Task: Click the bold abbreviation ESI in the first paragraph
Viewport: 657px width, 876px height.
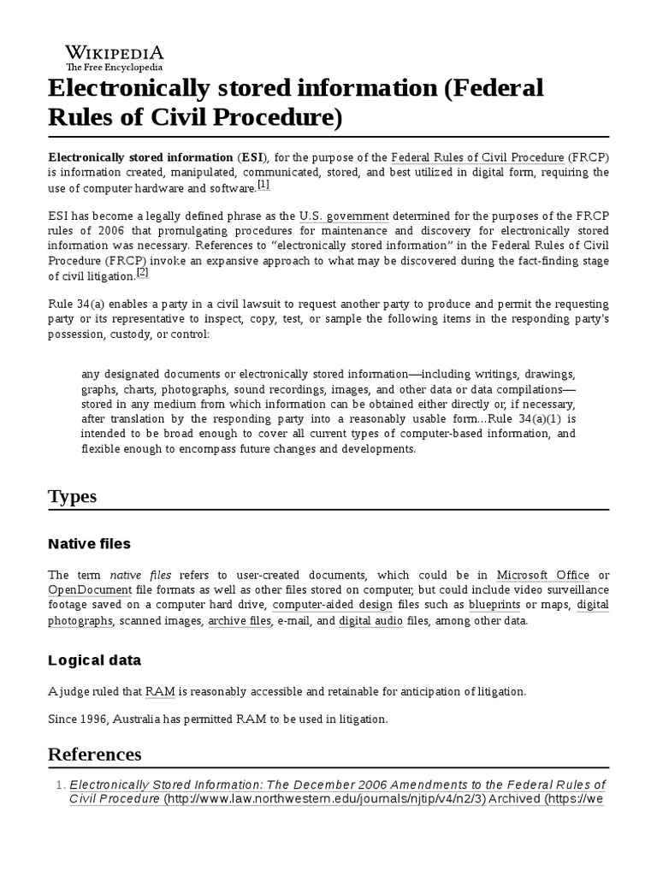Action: [252, 157]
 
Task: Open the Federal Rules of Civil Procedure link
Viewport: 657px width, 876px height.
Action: [477, 157]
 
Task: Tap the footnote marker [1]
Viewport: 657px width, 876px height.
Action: [263, 184]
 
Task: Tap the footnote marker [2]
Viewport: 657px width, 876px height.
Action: [143, 272]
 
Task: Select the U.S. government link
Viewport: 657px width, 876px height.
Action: [344, 216]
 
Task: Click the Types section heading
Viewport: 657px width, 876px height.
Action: [73, 497]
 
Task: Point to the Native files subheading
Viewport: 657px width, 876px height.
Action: [90, 543]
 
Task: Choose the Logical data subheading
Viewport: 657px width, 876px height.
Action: [95, 660]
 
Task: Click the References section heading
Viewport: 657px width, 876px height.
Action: [95, 754]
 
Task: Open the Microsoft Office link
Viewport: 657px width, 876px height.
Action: [542, 575]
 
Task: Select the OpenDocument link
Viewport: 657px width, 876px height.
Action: [90, 590]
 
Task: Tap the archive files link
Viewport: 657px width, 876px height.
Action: [240, 620]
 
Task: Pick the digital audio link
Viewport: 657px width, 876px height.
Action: [370, 620]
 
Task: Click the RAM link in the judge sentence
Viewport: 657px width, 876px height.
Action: [160, 691]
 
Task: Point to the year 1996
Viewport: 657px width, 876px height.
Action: [95, 719]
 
